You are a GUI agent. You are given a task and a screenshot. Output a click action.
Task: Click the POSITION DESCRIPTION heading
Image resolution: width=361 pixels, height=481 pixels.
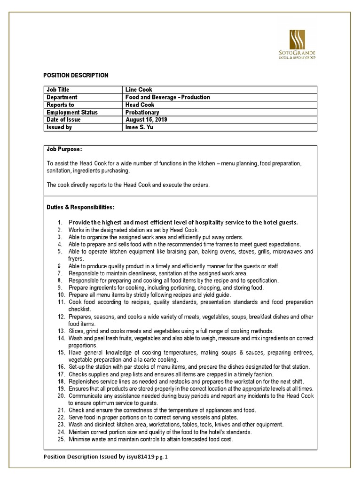(76, 75)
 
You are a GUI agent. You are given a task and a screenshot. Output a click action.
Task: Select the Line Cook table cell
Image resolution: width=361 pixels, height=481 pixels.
(138, 90)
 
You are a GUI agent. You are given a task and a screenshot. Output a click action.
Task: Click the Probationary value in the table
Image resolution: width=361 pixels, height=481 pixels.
(142, 112)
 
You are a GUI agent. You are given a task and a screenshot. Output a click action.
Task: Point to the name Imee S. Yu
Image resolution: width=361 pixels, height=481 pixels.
(140, 127)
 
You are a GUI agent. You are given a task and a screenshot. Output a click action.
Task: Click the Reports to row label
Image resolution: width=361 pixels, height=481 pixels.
(60, 105)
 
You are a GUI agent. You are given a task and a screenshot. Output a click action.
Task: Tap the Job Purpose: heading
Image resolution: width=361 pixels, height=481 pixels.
(64, 149)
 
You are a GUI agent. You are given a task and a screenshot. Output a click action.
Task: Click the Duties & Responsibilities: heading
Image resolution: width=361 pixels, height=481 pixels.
(80, 207)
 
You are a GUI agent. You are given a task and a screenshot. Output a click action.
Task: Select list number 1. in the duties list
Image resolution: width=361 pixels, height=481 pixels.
(60, 222)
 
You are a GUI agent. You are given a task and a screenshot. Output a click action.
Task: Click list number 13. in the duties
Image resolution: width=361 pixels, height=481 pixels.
(61, 331)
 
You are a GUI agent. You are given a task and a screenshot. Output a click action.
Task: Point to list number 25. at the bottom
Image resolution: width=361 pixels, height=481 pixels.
(61, 439)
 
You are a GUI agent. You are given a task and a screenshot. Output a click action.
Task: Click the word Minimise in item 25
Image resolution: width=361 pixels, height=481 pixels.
(80, 439)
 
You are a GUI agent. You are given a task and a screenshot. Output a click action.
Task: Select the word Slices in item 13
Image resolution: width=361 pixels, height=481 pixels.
(77, 331)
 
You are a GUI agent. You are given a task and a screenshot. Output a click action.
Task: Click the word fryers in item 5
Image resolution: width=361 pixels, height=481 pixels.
(76, 258)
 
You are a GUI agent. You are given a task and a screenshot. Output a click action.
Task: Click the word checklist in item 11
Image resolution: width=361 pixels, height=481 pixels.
(81, 310)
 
